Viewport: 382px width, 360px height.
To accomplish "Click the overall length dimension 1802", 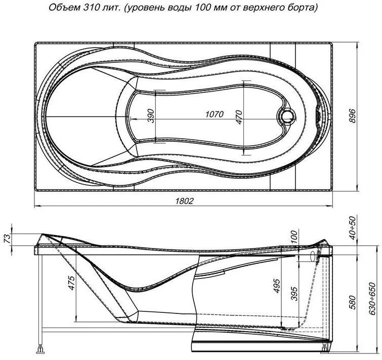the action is coord(184,201).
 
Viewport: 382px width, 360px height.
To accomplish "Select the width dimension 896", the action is coord(352,116).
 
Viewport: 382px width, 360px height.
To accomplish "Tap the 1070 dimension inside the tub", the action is coord(215,114).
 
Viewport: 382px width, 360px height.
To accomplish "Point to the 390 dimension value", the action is coord(151,116).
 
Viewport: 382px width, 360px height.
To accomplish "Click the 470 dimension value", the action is coord(239,117).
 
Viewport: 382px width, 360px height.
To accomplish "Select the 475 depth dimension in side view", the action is coord(72,283).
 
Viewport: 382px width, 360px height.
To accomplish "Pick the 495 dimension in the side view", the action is coord(277,286).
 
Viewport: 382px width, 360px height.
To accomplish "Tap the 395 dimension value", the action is coord(294,294).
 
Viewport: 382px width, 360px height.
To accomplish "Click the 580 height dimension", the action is coord(352,302).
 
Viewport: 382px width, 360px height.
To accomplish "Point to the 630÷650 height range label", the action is coord(372,299).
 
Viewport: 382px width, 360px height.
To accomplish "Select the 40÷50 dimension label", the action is coord(353,228).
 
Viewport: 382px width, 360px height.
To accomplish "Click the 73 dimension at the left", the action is coord(7,238).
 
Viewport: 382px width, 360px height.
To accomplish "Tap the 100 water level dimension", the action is coord(294,236).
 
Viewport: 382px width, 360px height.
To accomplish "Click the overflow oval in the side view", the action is coord(313,256).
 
